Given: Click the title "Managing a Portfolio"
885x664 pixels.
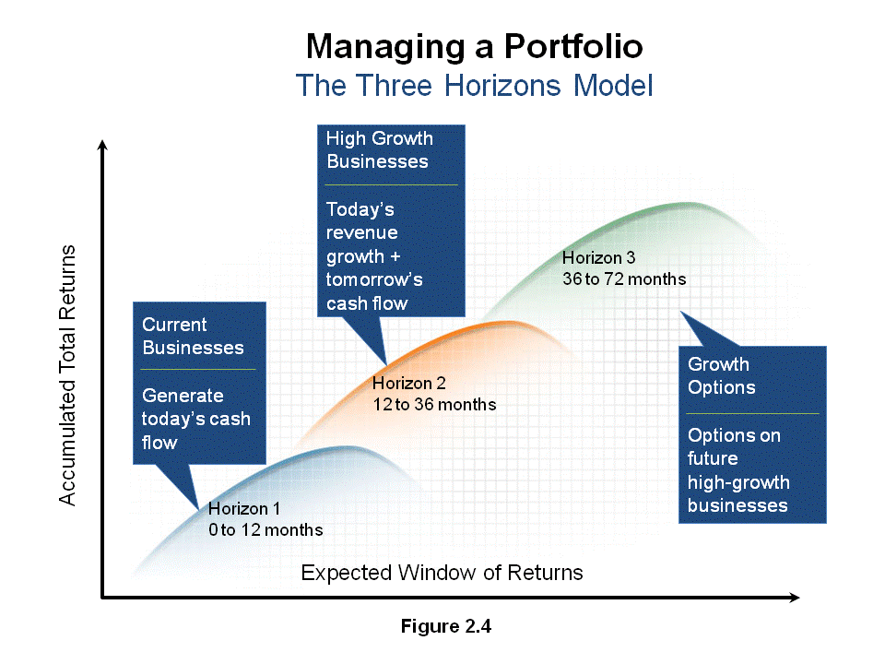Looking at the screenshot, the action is tap(474, 47).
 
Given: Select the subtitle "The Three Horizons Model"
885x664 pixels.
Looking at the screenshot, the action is tap(474, 86).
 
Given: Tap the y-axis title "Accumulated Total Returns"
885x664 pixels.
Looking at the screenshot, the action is tap(67, 375).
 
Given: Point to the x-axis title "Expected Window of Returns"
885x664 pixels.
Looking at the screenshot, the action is tap(442, 573).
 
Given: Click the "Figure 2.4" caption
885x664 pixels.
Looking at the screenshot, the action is tap(446, 626).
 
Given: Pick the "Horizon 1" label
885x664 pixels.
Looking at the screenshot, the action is tap(244, 509).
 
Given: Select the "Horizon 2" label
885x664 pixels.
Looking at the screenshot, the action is tap(409, 384).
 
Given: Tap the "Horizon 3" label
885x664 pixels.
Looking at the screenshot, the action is tap(599, 258).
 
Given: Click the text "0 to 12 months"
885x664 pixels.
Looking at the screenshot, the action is tap(265, 530).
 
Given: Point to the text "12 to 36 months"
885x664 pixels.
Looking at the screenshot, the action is tap(434, 405).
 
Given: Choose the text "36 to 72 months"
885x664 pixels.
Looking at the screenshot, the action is tap(624, 279).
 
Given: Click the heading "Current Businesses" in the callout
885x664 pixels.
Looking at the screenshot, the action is tap(193, 336).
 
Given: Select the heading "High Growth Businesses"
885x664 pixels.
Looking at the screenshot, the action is tap(380, 149).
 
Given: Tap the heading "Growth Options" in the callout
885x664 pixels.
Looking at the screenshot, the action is tap(721, 376).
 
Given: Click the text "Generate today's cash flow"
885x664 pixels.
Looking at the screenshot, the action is tap(195, 419).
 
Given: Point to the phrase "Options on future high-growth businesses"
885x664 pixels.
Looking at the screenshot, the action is tap(737, 470).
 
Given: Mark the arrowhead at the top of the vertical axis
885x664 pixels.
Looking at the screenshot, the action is tap(102, 145).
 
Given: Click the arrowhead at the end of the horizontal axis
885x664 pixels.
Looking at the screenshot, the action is tap(794, 598).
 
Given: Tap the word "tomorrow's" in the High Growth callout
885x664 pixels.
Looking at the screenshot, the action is tap(374, 280).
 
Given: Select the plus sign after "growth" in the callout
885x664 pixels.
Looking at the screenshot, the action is tap(395, 256).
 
